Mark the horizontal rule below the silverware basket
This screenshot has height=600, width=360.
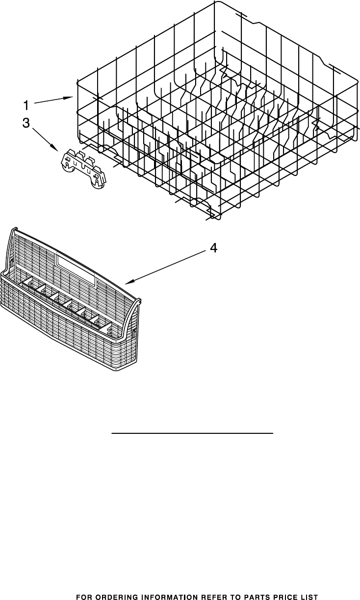pyautogui.click(x=192, y=433)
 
